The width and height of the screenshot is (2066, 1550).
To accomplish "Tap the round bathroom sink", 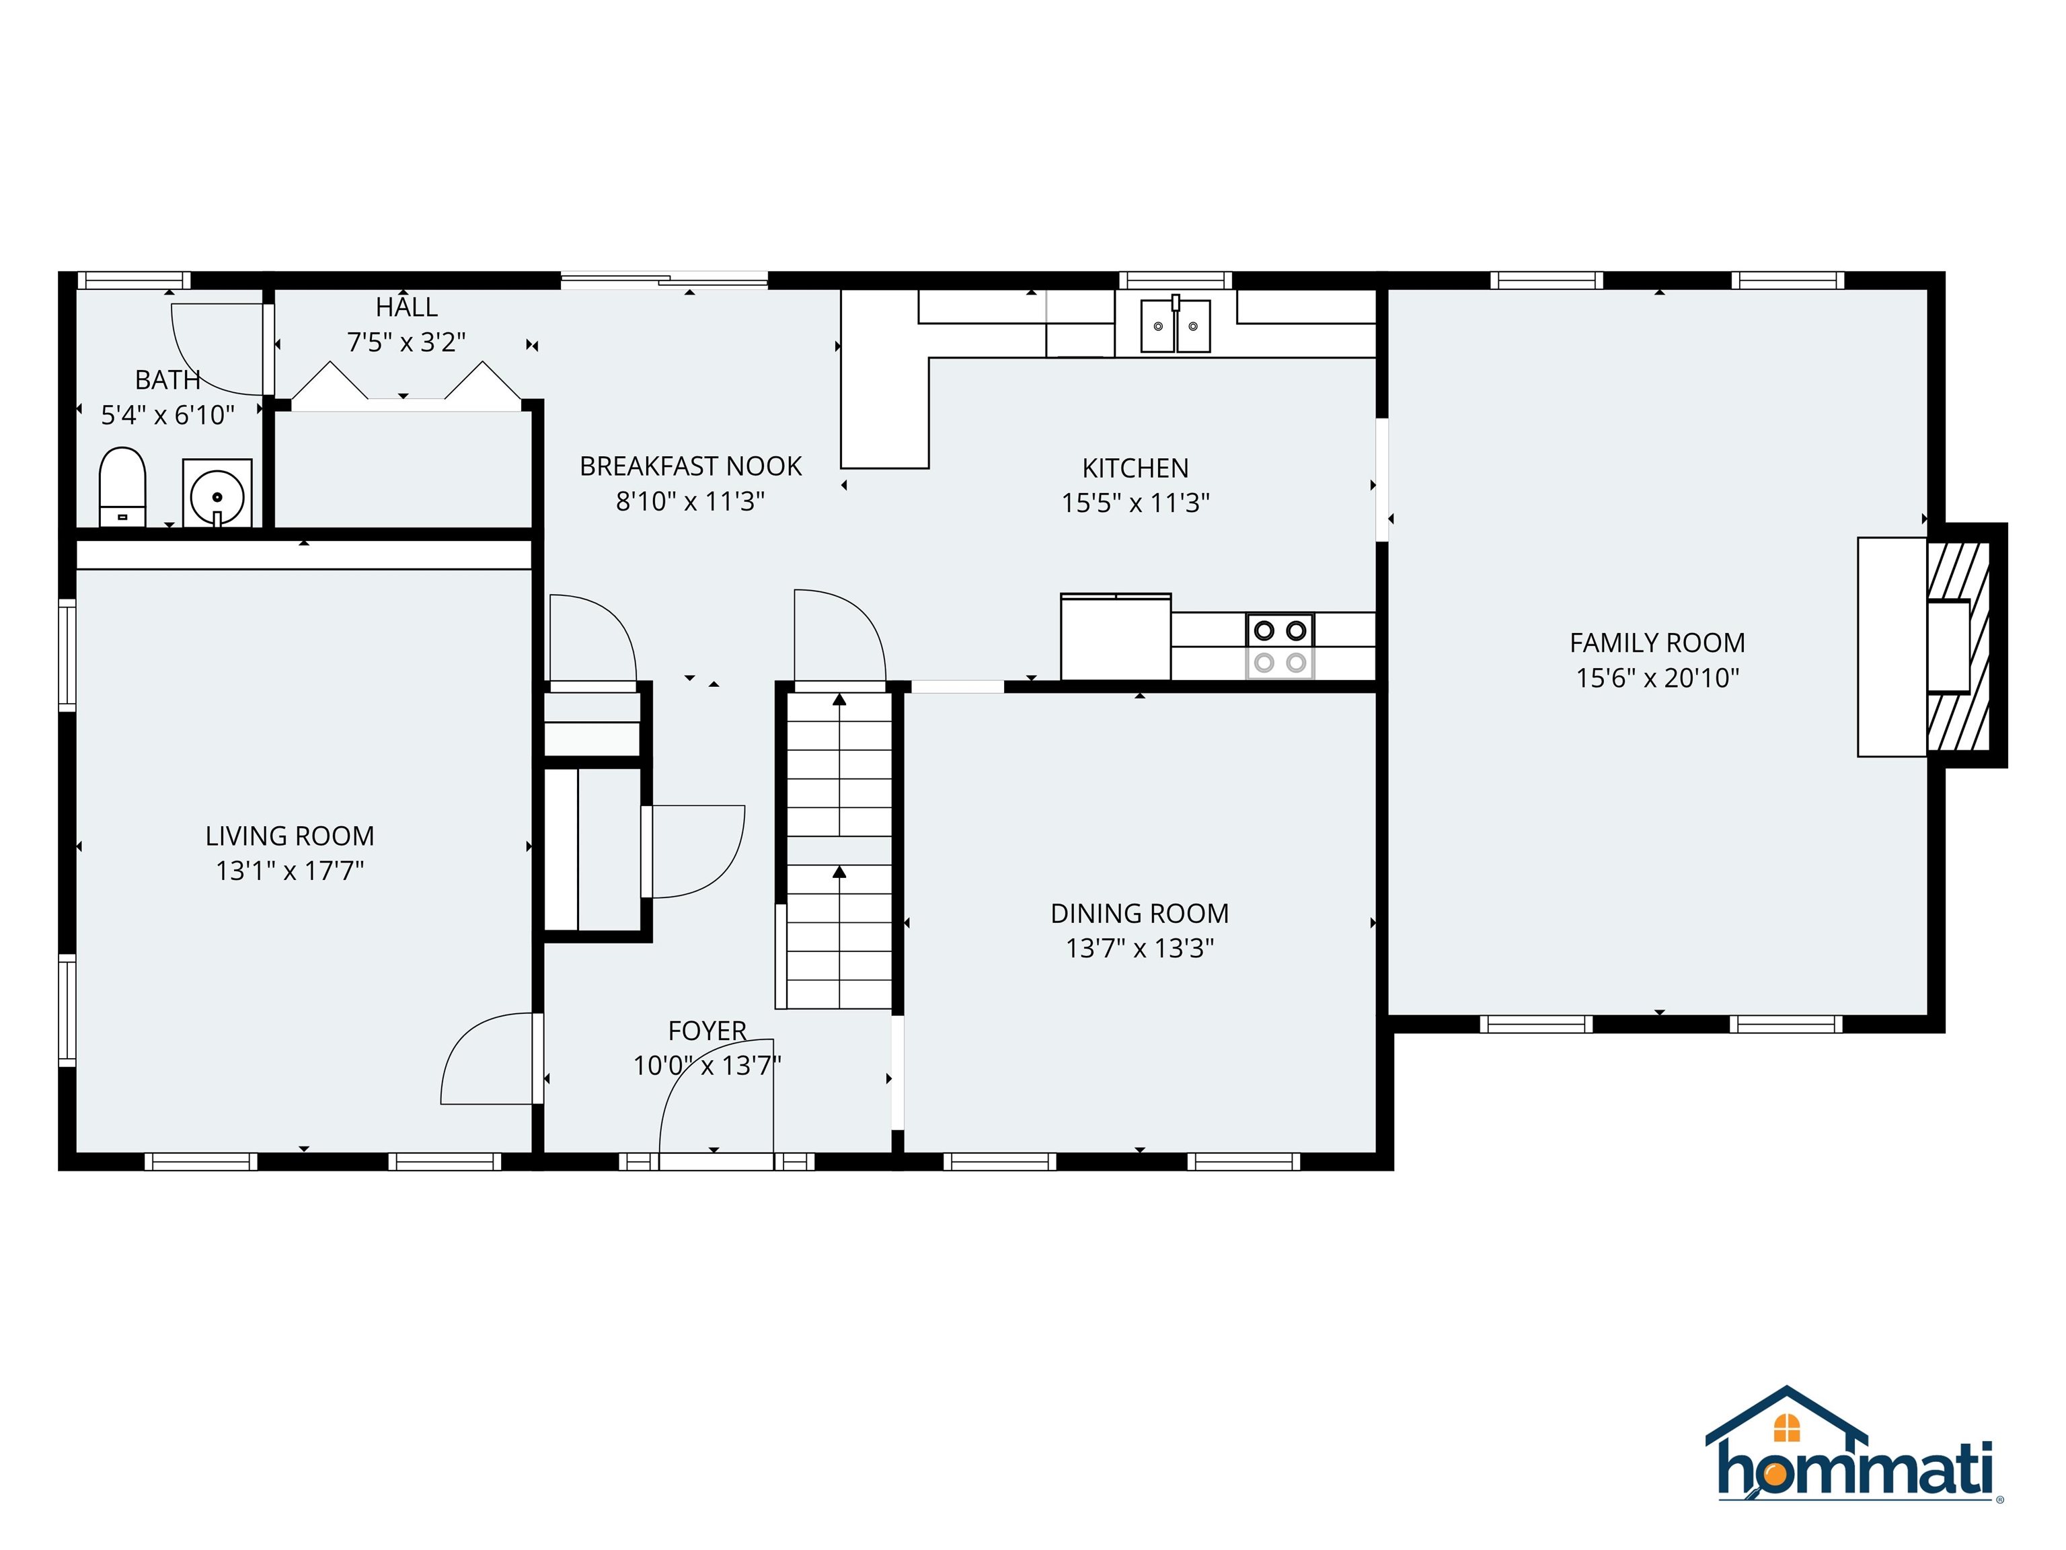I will [217, 494].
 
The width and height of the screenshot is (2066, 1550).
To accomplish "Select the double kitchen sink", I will [1175, 325].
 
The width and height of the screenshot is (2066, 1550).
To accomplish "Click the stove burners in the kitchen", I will [1280, 646].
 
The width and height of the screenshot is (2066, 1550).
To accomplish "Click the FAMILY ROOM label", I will [1657, 642].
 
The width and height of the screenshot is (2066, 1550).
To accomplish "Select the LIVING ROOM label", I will [290, 836].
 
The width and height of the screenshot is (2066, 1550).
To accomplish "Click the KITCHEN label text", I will [1135, 468].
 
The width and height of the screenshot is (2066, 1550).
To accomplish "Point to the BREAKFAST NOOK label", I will [690, 466].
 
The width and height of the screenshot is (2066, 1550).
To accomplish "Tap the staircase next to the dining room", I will [839, 850].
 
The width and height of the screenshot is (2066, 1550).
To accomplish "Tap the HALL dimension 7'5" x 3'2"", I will [406, 342].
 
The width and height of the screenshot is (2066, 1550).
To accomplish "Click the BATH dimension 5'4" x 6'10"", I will [168, 415].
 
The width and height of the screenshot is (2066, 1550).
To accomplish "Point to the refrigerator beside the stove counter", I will [1115, 637].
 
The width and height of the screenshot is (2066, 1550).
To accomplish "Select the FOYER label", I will [707, 1031].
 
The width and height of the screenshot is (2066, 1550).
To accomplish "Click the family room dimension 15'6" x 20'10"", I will [1657, 678].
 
